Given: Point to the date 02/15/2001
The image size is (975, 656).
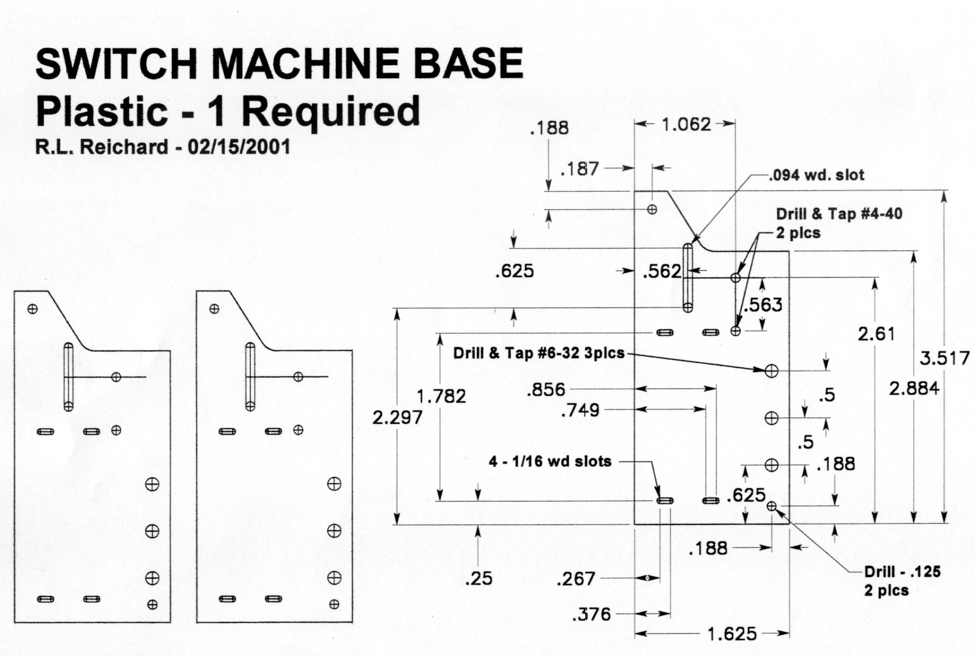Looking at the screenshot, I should click(239, 147).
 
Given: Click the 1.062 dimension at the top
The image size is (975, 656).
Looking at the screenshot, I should click(686, 124).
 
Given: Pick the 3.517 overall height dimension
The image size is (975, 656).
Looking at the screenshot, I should click(944, 358).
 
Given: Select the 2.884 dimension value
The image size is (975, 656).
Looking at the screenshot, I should click(914, 388).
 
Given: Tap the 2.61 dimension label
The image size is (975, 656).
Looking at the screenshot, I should click(876, 333).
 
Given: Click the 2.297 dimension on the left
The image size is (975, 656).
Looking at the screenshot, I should click(397, 417).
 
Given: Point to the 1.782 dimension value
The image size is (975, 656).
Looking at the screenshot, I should click(441, 396).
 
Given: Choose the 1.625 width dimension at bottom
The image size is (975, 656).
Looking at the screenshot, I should click(731, 633).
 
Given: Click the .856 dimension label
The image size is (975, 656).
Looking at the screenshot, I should click(545, 389).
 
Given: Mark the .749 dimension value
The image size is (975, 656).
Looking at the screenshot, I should click(580, 410).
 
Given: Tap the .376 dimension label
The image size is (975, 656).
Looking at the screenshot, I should click(591, 614).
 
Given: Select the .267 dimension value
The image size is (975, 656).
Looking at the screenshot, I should click(576, 578).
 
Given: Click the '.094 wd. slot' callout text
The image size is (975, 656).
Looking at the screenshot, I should click(816, 175).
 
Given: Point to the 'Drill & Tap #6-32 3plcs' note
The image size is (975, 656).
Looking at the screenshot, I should click(538, 353).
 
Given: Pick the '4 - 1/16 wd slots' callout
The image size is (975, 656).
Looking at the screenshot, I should click(550, 461).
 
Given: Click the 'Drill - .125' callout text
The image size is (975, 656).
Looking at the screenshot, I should click(902, 571).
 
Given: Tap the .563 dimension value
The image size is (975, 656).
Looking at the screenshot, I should click(763, 305).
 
